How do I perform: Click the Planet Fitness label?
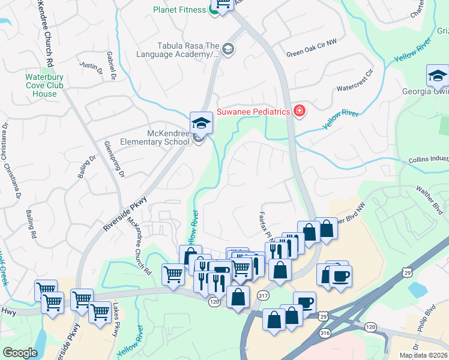tap(179, 10)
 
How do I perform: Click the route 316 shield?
tap(324, 332)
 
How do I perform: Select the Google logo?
tap(20, 353)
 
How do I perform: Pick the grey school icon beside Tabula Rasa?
tap(228, 49)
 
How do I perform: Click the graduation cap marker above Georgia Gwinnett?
tap(438, 76)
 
